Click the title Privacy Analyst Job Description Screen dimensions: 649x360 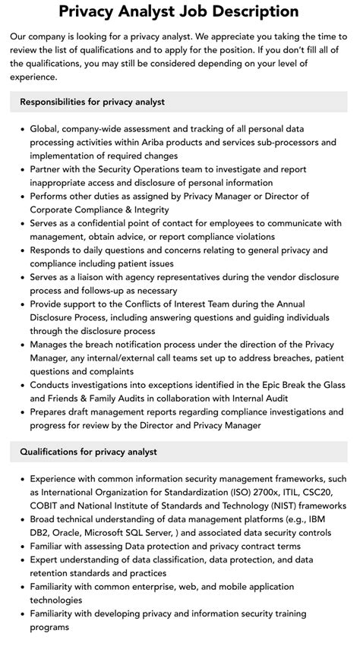pyautogui.click(x=179, y=12)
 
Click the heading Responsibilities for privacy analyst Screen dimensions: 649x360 pyautogui.click(x=93, y=101)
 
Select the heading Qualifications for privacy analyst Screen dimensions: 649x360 pyautogui.click(x=89, y=452)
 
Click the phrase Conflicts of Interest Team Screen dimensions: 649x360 pyautogui.click(x=177, y=303)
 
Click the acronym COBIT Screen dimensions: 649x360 pyautogui.click(x=48, y=506)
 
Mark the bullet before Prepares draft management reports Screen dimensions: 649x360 pyautogui.click(x=21, y=411)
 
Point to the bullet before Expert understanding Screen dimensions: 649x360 pyautogui.click(x=21, y=560)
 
